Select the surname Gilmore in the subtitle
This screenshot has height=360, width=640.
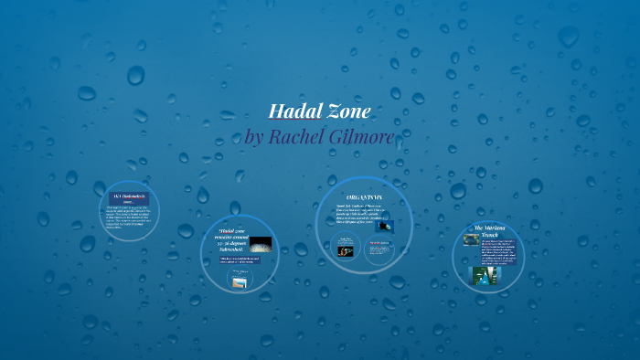pos(365,137)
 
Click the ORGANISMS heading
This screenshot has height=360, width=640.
pos(364,197)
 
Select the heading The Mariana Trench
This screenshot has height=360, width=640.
pos(490,229)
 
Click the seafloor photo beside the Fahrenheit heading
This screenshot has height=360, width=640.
pos(261,244)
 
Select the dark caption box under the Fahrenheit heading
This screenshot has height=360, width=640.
pos(240,260)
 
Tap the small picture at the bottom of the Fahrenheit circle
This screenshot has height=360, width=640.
pos(239,281)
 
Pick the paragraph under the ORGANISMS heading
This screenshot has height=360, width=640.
pos(357,214)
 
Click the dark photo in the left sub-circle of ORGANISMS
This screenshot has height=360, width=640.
pos(346,249)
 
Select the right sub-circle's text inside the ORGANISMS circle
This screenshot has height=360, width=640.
pos(379,248)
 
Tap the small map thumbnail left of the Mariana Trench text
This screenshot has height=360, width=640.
pos(471,239)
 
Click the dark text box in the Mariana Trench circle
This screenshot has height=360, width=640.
pos(499,250)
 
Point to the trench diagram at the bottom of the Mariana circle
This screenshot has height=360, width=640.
pos(483,273)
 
